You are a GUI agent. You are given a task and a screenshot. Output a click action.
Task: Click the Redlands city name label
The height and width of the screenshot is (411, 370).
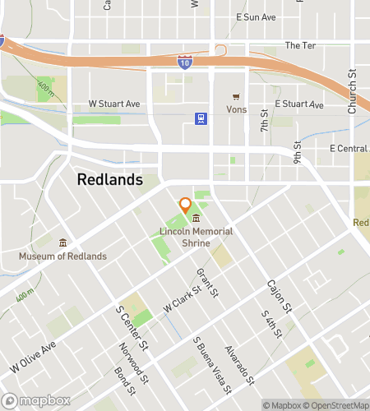pos(109,179)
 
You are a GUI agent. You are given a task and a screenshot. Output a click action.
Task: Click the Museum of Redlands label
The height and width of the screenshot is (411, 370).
pos(63,256)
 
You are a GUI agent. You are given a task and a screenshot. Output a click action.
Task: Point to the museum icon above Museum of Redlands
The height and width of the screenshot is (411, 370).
pos(63,242)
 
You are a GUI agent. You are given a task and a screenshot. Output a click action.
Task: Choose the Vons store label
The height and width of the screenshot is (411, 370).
pos(236,109)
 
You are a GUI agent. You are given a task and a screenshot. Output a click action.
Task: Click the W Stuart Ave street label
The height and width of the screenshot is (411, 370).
pos(115,104)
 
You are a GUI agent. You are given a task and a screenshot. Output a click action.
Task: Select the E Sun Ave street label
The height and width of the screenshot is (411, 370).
pos(256,17)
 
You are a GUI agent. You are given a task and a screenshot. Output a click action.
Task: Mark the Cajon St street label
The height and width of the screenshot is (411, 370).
pos(280,297)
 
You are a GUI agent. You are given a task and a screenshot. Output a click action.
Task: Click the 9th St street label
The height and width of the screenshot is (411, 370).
pos(298,151)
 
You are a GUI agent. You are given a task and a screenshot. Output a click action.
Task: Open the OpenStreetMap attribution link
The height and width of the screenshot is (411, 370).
pos(338,404)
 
